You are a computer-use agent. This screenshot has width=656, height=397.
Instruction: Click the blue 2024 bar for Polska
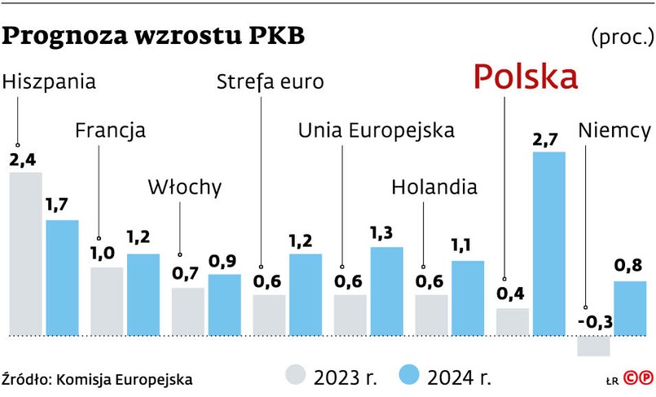tap(548, 243)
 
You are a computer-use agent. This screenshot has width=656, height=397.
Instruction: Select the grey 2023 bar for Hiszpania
tap(25, 254)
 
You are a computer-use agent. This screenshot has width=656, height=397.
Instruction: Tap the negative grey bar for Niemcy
tap(593, 346)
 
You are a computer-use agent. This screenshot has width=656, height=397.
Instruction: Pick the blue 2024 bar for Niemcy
tap(629, 308)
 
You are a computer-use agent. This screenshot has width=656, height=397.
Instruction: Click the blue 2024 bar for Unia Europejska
tap(386, 291)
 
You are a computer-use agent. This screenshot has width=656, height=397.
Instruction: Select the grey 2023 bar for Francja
tap(107, 301)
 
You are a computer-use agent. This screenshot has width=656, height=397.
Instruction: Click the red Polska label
tap(526, 77)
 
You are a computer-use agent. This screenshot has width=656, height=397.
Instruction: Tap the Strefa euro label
tap(270, 82)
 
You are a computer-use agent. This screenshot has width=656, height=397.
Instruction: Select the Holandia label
tap(434, 187)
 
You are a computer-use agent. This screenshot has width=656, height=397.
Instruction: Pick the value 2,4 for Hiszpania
tap(22, 160)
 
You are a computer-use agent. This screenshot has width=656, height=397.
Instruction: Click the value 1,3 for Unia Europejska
tap(384, 234)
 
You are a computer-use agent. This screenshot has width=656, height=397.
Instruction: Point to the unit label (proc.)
tap(621, 37)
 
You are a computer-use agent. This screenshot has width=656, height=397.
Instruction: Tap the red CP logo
tap(638, 377)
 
